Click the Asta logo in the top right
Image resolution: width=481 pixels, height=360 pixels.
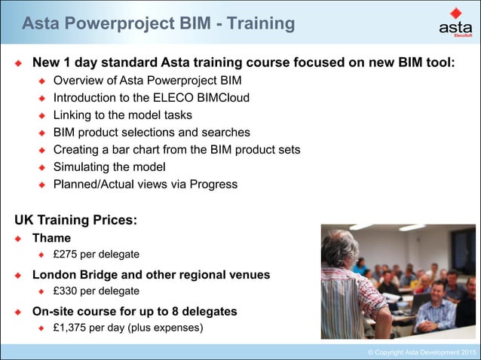[455, 23]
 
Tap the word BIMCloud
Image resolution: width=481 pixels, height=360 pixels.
[222, 98]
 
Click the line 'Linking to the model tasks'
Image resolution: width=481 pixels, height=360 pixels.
[122, 115]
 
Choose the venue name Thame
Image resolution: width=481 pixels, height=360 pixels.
[51, 238]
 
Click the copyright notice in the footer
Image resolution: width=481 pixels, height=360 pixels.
[421, 352]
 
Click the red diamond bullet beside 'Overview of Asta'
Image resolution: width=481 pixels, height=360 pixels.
[43, 81]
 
